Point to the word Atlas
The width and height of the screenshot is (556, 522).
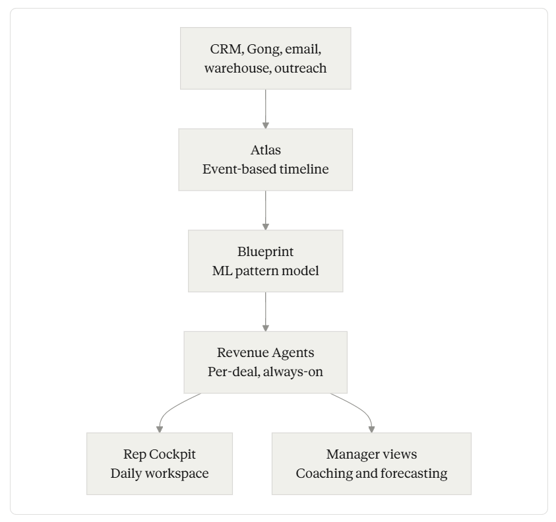tap(266, 150)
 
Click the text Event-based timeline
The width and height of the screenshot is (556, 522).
tap(266, 169)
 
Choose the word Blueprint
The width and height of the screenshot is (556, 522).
tap(266, 251)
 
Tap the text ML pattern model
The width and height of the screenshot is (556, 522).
tap(266, 271)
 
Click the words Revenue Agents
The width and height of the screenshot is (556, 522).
tap(266, 353)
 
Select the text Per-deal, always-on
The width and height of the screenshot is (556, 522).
tap(266, 372)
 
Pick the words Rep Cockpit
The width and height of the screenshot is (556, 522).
tap(160, 454)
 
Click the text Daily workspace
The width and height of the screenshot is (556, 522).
tap(160, 473)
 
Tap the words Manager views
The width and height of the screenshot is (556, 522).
tap(371, 454)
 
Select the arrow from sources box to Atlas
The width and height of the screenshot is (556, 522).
tap(266, 109)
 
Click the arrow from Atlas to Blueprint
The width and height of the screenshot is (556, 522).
tap(266, 211)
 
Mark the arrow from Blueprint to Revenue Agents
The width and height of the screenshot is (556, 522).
tap(266, 312)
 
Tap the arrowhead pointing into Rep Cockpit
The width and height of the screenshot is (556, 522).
tap(160, 430)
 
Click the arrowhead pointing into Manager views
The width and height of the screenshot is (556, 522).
tap(371, 430)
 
